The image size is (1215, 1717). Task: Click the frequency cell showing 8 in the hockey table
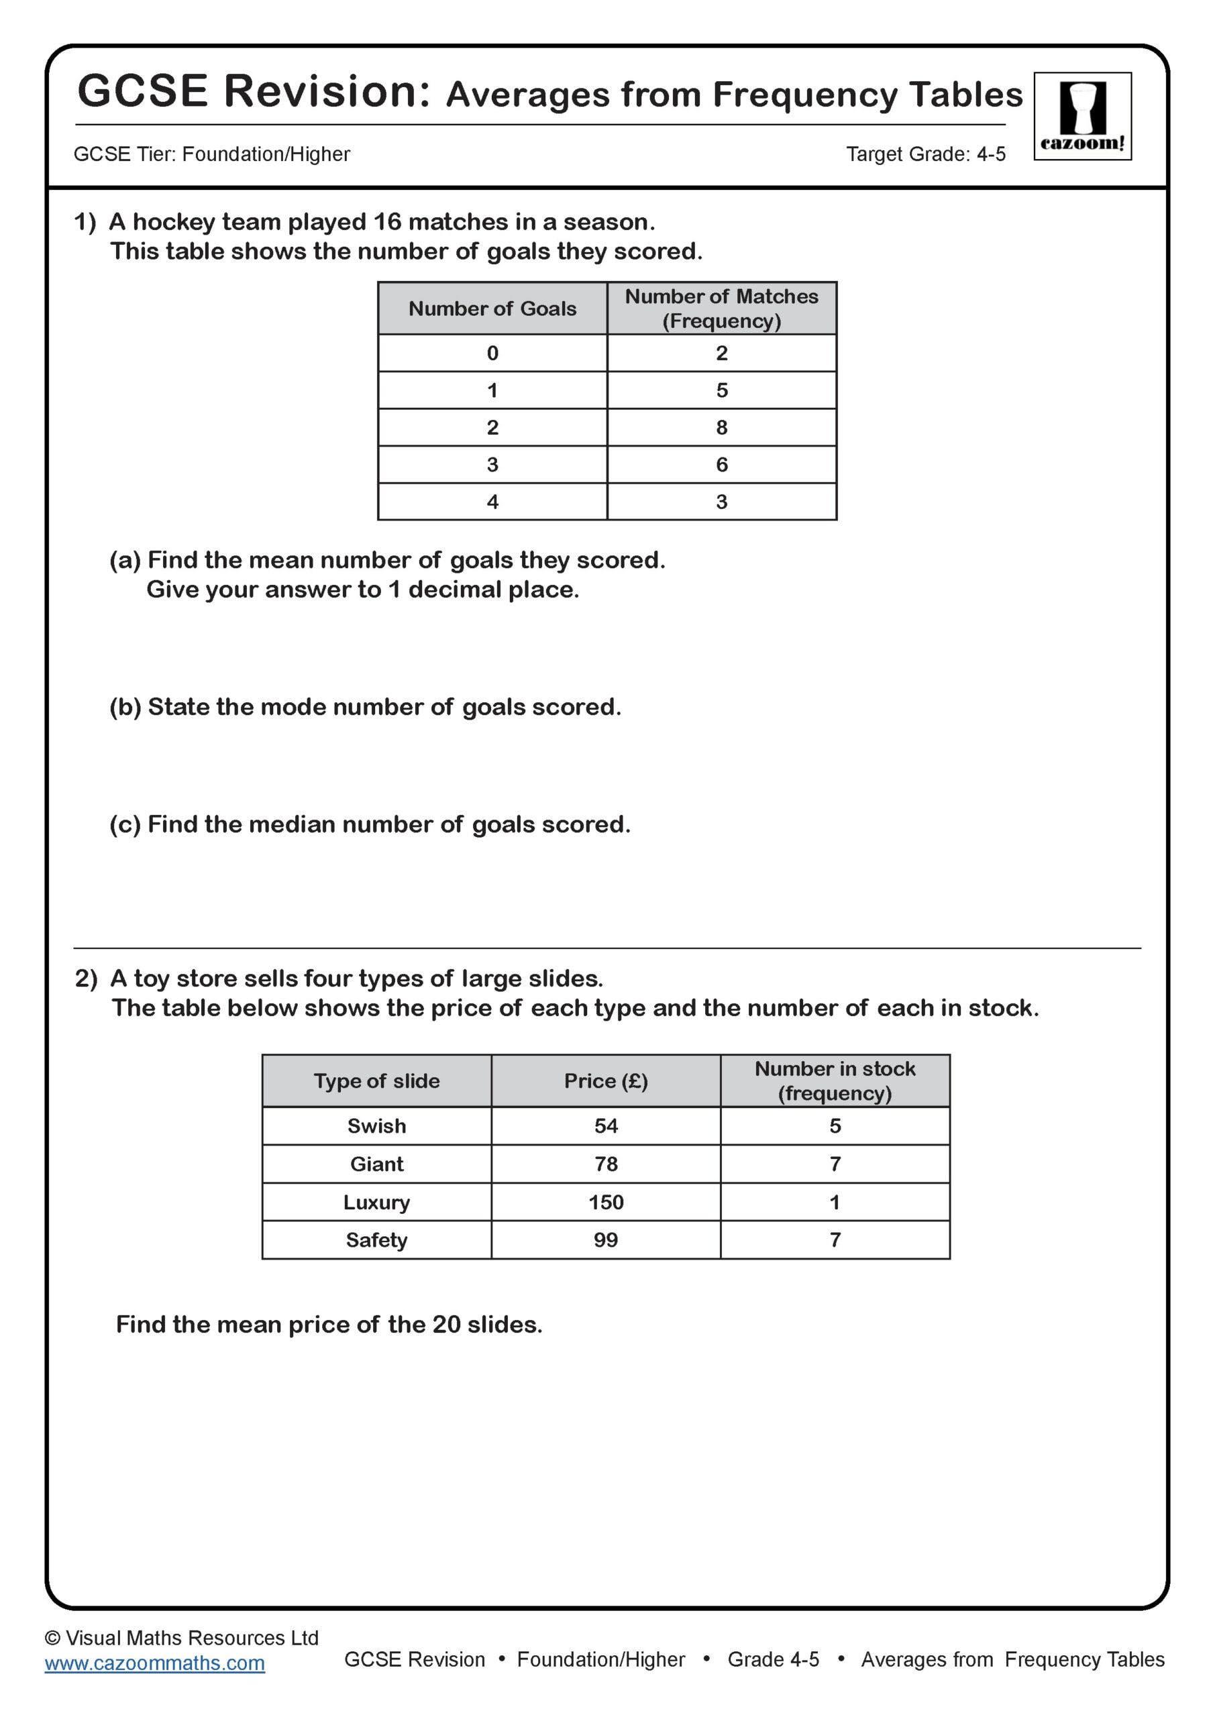pyautogui.click(x=721, y=427)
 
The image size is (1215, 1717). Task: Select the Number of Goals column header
pyautogui.click(x=492, y=308)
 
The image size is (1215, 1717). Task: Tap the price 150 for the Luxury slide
pyautogui.click(x=605, y=1202)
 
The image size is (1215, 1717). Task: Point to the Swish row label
pyautogui.click(x=376, y=1125)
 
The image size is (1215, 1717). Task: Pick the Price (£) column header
pyautogui.click(x=605, y=1081)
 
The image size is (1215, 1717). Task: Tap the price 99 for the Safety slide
pyautogui.click(x=605, y=1240)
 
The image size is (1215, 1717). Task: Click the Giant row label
pyautogui.click(x=376, y=1164)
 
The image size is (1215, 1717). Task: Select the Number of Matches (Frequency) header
pyautogui.click(x=721, y=308)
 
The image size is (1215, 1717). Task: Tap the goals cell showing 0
pyautogui.click(x=492, y=353)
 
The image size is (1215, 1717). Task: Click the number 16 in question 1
pyautogui.click(x=388, y=222)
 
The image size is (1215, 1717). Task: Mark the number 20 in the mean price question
pyautogui.click(x=446, y=1325)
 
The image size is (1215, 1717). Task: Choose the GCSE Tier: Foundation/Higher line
pyautogui.click(x=212, y=154)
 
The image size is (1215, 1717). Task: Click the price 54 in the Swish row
pyautogui.click(x=605, y=1125)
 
